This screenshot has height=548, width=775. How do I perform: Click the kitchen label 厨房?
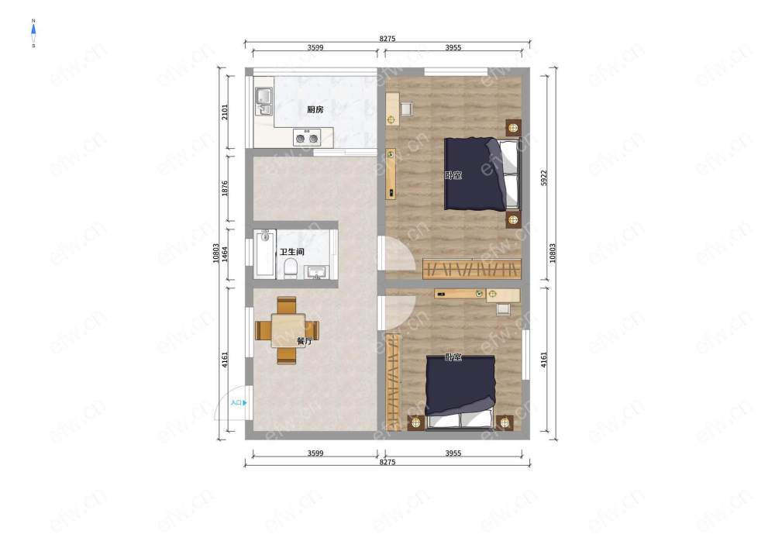(x=315, y=109)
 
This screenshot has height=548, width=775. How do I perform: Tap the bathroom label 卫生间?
(x=292, y=251)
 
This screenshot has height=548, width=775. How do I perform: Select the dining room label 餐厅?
(x=305, y=341)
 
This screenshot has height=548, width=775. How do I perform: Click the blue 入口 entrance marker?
(x=239, y=403)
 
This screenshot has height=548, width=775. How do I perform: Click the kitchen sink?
(x=263, y=102)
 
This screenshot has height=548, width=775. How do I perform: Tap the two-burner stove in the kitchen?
(x=307, y=137)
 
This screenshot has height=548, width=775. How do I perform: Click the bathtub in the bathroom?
(x=265, y=254)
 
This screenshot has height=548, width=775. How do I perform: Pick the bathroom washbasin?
(x=316, y=272)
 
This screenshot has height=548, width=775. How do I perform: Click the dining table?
(x=288, y=330)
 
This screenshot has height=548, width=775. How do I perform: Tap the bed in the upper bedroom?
(x=482, y=174)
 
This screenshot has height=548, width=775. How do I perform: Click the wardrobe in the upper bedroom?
(x=472, y=269)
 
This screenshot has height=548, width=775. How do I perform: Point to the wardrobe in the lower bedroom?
(x=394, y=382)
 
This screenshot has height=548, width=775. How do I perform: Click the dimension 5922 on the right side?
(x=544, y=178)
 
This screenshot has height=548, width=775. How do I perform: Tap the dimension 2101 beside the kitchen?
(x=225, y=112)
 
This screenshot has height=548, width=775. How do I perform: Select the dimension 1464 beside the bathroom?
(x=225, y=254)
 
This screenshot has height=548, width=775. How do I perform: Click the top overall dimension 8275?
(x=387, y=39)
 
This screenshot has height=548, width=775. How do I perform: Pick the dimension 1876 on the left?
(x=225, y=188)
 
